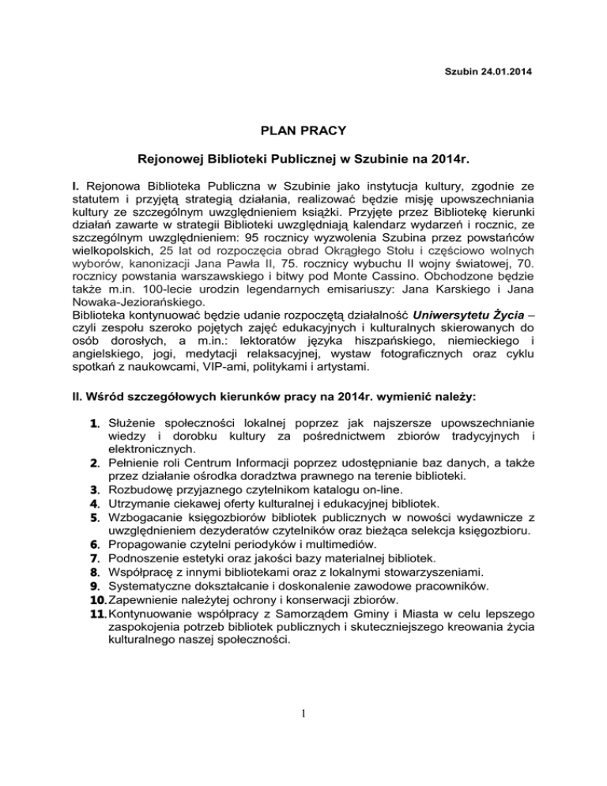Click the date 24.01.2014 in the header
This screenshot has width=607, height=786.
(x=500, y=74)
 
